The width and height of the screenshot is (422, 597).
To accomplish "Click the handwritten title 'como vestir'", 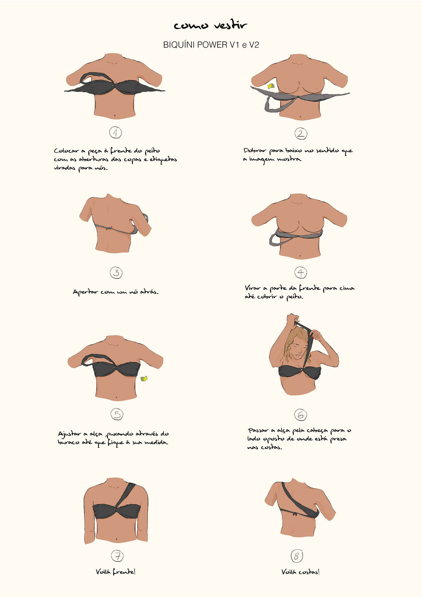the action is pyautogui.click(x=211, y=25).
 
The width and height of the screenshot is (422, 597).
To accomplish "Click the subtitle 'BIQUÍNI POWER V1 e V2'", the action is pyautogui.click(x=211, y=45).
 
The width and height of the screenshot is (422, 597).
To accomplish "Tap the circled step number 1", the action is pyautogui.click(x=115, y=132).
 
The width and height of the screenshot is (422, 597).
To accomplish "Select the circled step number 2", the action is pyautogui.click(x=301, y=133).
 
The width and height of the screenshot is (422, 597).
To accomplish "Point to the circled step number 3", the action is pyautogui.click(x=116, y=272).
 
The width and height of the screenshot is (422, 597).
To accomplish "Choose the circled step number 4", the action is pyautogui.click(x=301, y=272).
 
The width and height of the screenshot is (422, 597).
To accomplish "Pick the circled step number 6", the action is pyautogui.click(x=300, y=415).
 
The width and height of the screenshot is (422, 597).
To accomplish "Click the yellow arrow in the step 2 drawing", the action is pyautogui.click(x=271, y=86).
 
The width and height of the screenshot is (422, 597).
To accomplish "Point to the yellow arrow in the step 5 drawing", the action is pyautogui.click(x=144, y=379).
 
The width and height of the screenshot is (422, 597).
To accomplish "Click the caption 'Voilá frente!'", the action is pyautogui.click(x=116, y=571).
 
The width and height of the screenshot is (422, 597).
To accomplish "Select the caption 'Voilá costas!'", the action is pyautogui.click(x=300, y=572).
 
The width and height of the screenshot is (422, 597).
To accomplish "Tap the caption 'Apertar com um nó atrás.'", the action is pyautogui.click(x=115, y=292).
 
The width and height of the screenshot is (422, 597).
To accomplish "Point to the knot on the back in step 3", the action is pyautogui.click(x=108, y=228).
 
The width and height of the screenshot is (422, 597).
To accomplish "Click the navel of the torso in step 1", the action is pyautogui.click(x=115, y=115).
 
